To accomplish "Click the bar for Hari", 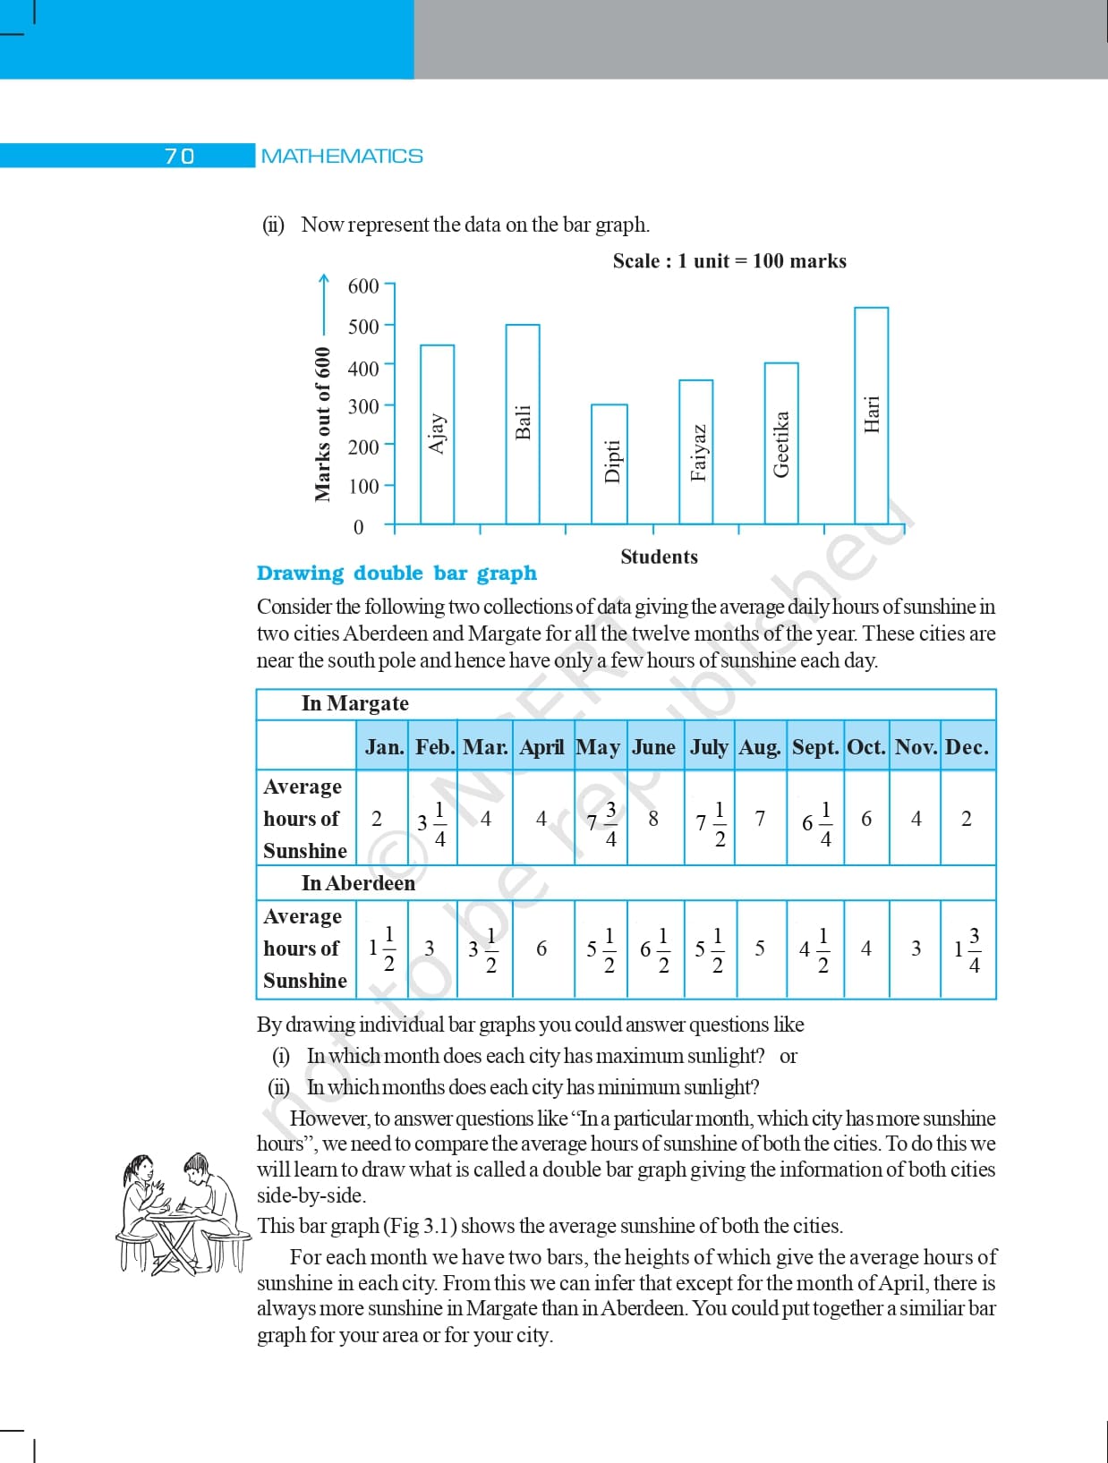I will point(871,415).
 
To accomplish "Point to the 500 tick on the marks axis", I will point(364,327).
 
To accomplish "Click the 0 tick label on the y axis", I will point(359,527).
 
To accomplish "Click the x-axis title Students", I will point(659,557).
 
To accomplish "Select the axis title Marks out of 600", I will point(322,424).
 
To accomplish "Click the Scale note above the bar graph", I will point(729,261).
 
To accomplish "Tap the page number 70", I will point(179,157).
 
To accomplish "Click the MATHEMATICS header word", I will point(342,157).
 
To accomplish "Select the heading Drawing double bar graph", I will point(396,573).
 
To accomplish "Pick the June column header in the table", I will point(653,747).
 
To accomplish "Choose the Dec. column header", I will point(967,747).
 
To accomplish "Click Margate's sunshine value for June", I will point(653,819).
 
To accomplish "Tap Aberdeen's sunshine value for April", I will point(541,948).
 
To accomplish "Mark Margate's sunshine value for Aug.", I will point(760,819).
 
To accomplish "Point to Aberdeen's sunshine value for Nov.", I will point(916,948).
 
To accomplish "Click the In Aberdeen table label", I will point(358,883).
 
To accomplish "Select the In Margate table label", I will point(354,703).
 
